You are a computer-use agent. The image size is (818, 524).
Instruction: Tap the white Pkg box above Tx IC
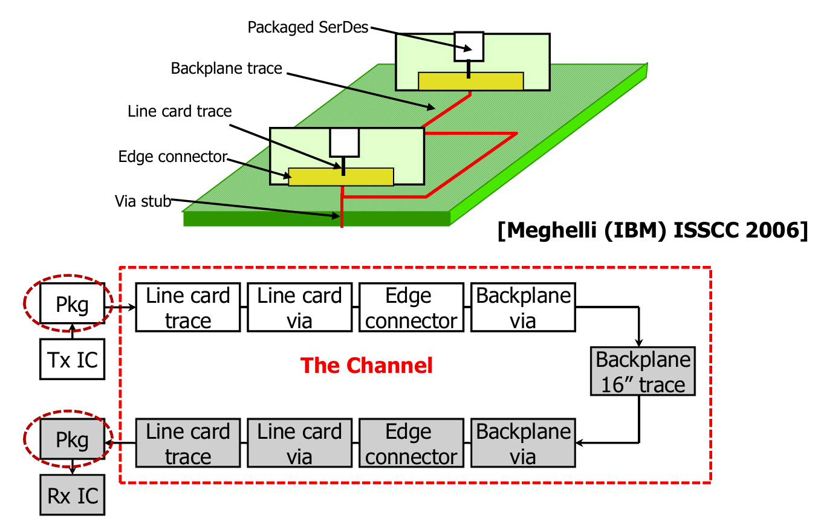(x=72, y=304)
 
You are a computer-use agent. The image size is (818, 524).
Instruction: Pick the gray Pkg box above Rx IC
(x=72, y=440)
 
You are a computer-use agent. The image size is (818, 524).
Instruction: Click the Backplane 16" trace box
(x=643, y=372)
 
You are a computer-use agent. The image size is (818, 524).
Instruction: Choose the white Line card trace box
(x=188, y=308)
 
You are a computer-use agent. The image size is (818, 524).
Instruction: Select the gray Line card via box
(x=299, y=444)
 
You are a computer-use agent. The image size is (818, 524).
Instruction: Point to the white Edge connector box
(x=411, y=308)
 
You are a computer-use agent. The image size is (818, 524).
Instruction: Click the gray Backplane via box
(x=522, y=444)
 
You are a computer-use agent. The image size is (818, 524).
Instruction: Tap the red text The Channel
(x=366, y=366)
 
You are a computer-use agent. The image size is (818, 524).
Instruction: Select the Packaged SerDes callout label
(x=308, y=27)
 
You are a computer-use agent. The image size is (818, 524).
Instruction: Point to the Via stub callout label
(x=143, y=201)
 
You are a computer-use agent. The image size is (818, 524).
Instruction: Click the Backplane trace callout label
(x=226, y=68)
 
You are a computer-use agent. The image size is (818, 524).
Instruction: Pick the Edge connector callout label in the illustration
(x=172, y=157)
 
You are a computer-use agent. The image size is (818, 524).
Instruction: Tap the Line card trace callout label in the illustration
(x=180, y=111)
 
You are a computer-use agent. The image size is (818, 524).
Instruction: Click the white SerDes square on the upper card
(x=469, y=46)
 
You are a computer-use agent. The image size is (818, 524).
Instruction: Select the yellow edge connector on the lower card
(x=341, y=176)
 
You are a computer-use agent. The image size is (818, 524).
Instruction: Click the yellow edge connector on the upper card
(x=471, y=81)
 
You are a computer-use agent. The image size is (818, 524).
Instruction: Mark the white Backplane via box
(x=522, y=308)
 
